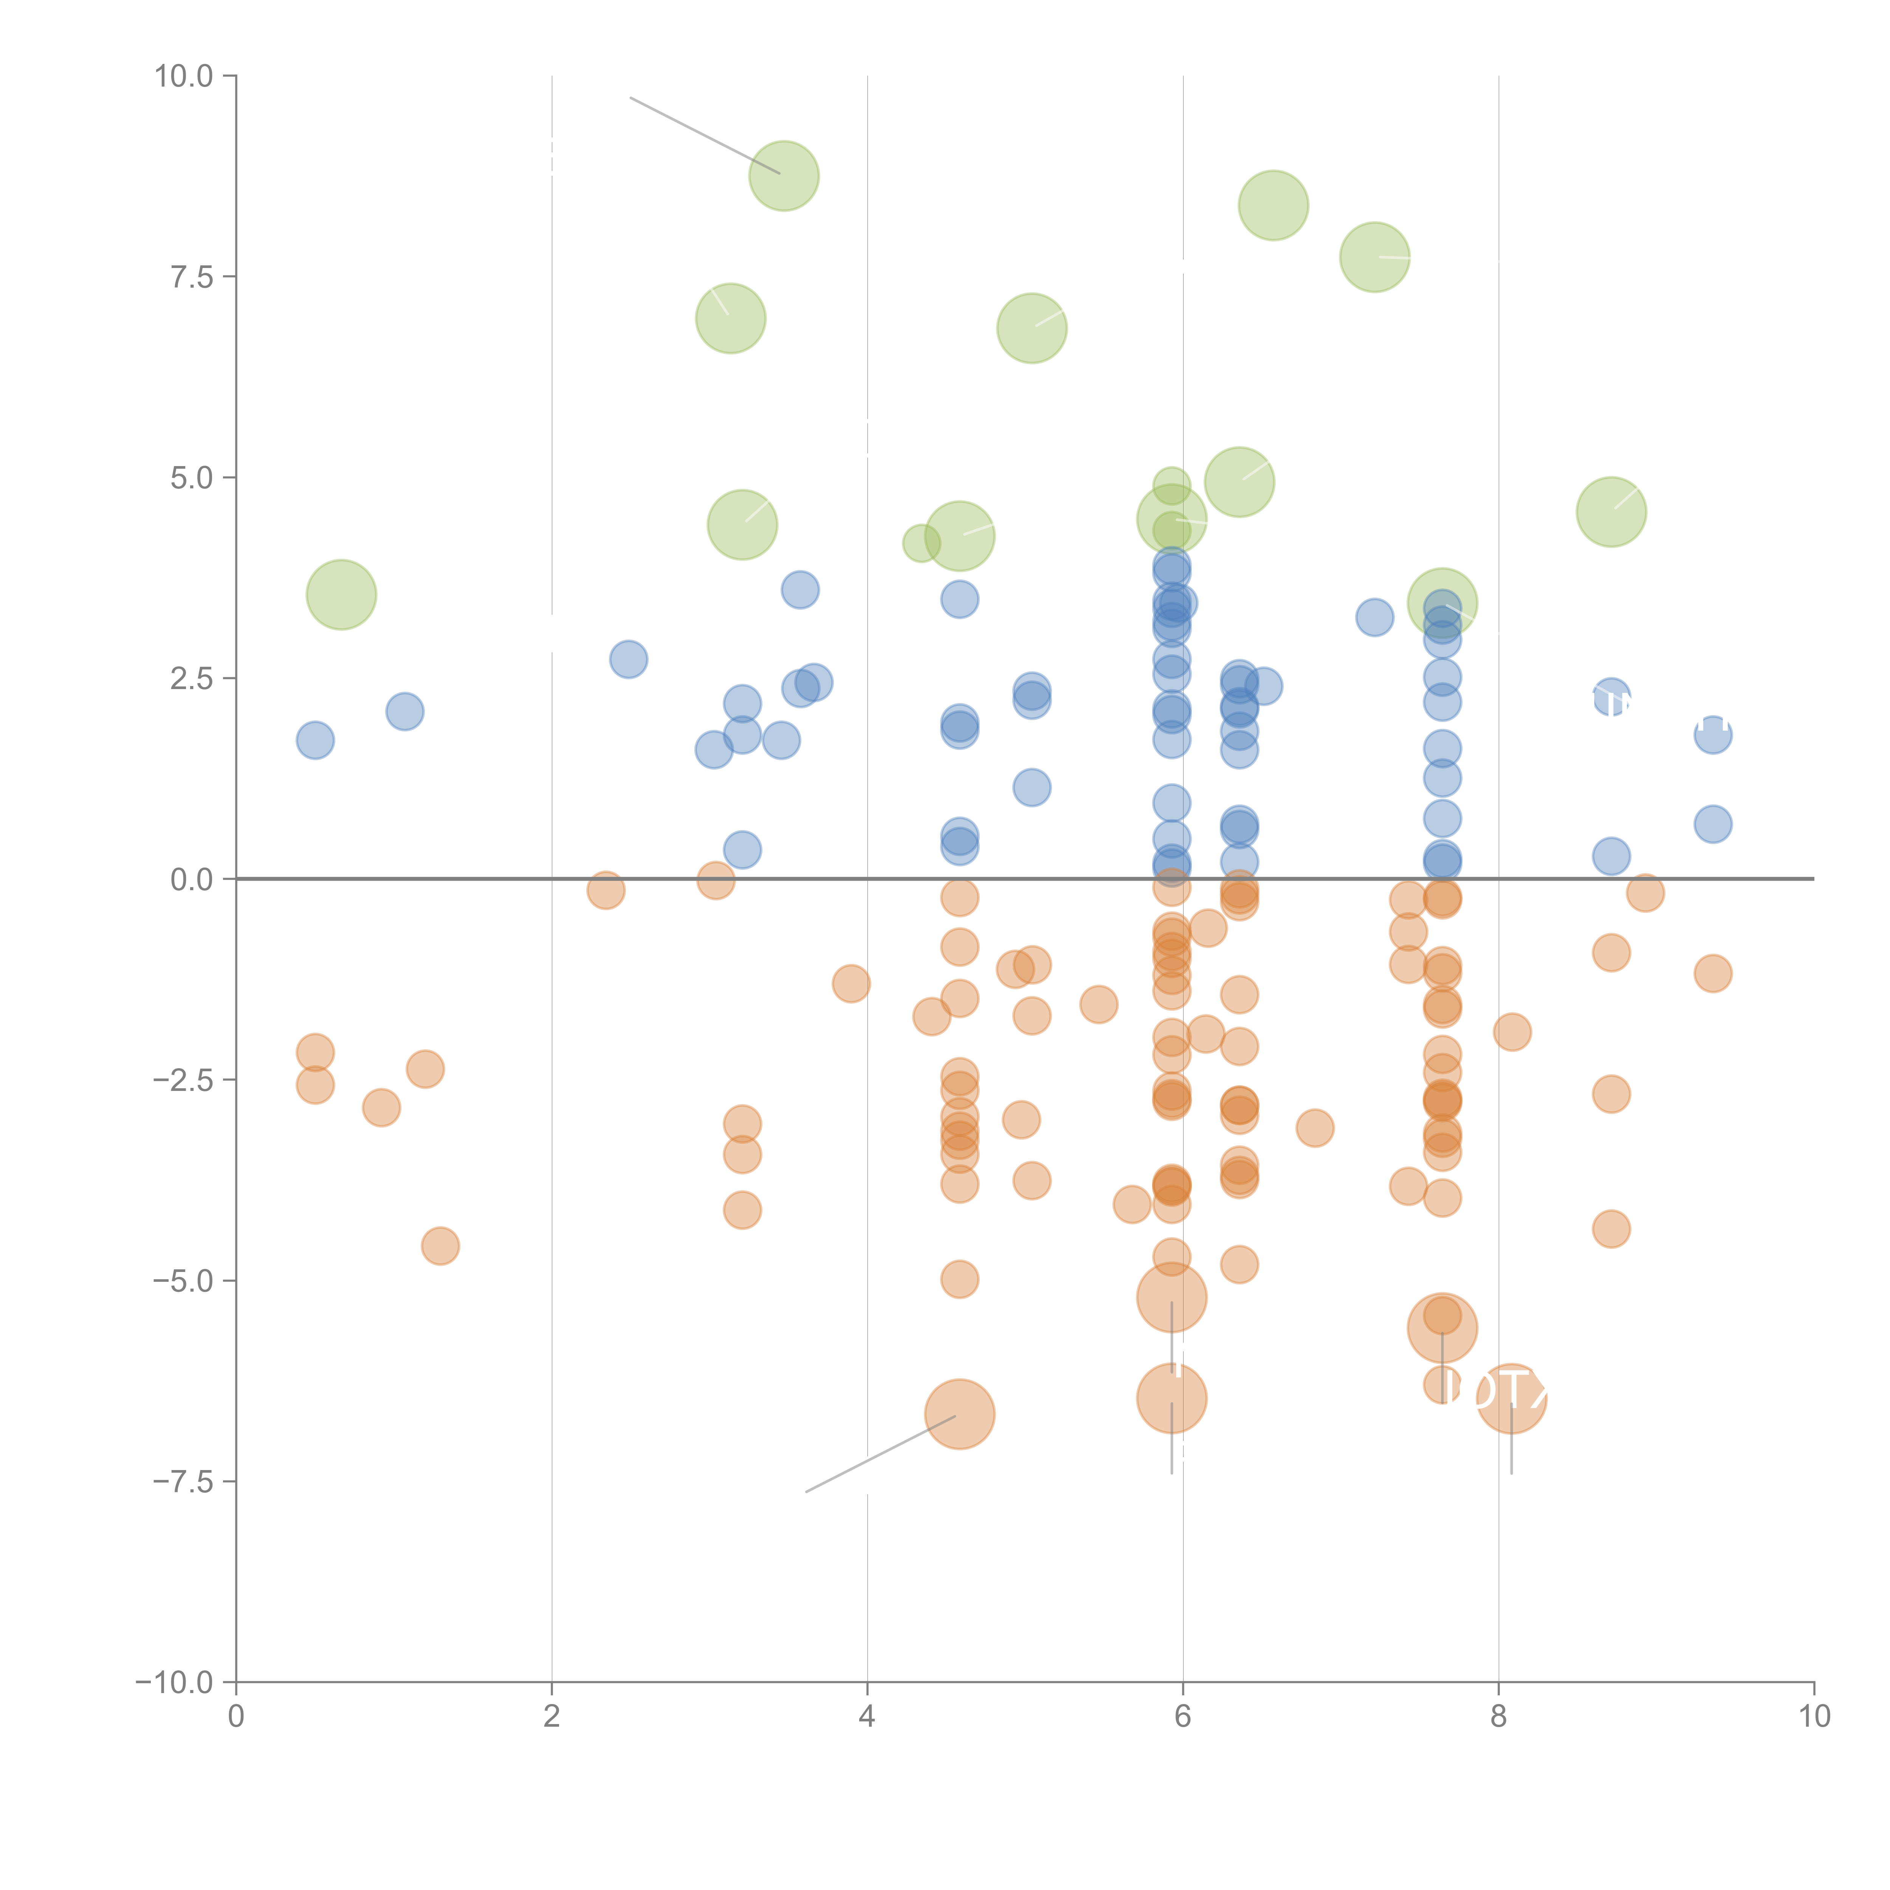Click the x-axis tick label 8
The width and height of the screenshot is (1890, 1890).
coord(1499,1717)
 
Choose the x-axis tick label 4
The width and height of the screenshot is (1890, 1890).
coord(867,1717)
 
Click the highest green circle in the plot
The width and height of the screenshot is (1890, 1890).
coord(784,176)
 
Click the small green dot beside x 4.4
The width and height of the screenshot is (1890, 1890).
coord(920,543)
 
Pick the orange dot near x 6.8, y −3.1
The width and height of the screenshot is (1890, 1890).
coord(1315,1128)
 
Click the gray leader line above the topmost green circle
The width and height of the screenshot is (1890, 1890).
coord(704,135)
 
